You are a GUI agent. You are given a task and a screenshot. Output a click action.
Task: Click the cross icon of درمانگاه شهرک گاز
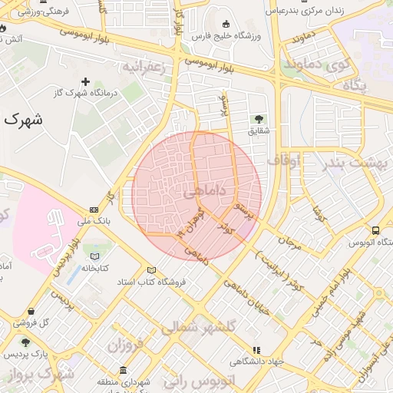85,81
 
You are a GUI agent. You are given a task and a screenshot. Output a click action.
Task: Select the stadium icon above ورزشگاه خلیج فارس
225,24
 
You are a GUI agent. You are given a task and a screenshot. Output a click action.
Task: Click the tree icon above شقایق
259,118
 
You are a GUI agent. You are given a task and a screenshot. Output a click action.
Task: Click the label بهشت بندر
356,163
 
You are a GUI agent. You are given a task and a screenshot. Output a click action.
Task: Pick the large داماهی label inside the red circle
205,190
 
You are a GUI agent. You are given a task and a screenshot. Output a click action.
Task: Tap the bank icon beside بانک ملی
94,209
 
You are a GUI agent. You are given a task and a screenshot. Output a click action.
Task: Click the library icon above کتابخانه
94,256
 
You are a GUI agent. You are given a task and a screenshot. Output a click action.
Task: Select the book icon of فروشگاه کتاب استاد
151,270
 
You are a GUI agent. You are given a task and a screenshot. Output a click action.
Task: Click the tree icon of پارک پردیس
26,342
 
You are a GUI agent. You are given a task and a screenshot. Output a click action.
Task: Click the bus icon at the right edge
375,230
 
